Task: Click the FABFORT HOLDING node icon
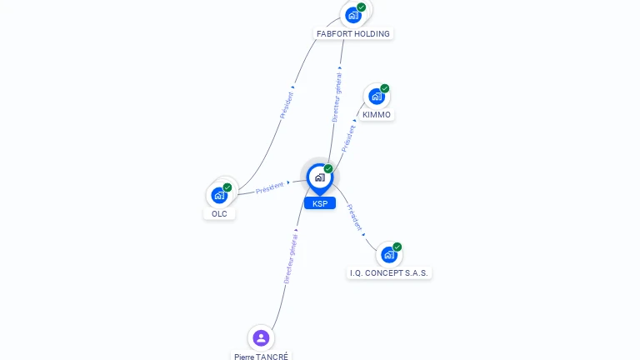click(x=353, y=14)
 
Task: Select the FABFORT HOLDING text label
click(x=353, y=34)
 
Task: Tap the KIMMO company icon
click(x=377, y=96)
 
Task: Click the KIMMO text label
click(x=377, y=114)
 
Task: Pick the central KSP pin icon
click(x=319, y=177)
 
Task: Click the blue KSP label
click(x=319, y=203)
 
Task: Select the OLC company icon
click(x=219, y=195)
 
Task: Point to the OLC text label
click(x=219, y=213)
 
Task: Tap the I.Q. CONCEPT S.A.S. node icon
click(x=389, y=254)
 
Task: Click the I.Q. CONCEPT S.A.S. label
click(x=390, y=272)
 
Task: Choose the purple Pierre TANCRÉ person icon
click(x=261, y=337)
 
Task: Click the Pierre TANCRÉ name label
click(x=261, y=356)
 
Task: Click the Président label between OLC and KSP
click(x=269, y=187)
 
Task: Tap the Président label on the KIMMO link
click(x=348, y=137)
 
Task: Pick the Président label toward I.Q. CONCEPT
click(x=354, y=217)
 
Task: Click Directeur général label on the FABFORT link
click(x=337, y=97)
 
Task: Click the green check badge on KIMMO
click(x=385, y=88)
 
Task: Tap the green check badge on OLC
click(x=227, y=187)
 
